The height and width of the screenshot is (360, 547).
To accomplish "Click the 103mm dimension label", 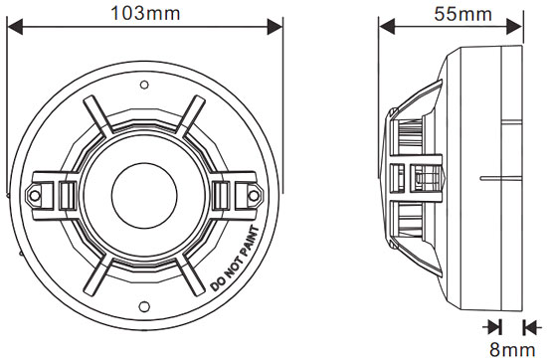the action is tap(145, 14).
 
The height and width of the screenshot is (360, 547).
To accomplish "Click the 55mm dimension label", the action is tap(462, 14).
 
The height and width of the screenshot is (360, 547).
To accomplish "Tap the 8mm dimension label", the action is tap(512, 349).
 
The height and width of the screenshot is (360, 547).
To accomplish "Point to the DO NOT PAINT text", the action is tap(236, 259).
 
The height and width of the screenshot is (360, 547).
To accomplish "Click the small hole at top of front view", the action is tap(144, 85).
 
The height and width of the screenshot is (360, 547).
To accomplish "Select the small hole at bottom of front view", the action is tap(144, 306).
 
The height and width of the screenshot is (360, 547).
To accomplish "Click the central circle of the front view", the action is tap(144, 196).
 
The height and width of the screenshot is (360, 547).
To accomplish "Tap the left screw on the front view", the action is tap(35, 195).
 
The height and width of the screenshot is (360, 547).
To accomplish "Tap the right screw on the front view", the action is tap(254, 195).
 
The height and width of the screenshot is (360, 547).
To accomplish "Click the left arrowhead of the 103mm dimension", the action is tap(15, 27).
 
